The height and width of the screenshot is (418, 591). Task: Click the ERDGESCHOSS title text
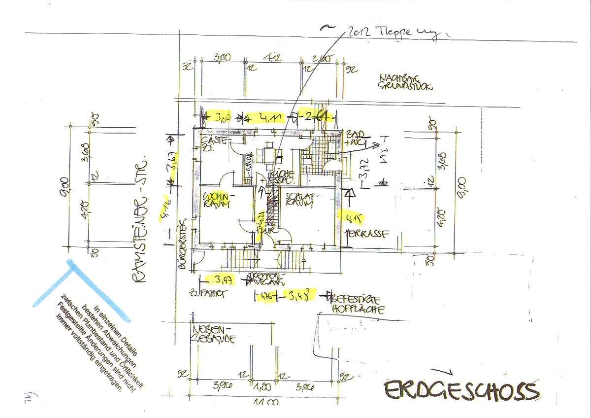(x=461, y=391)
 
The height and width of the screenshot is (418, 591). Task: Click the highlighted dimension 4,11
(x=271, y=118)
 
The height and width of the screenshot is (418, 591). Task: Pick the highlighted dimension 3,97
(x=223, y=279)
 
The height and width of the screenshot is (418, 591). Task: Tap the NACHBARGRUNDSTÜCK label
(x=405, y=82)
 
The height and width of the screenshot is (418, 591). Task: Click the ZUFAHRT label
(x=207, y=293)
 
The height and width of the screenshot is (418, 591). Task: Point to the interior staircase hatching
(x=272, y=207)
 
